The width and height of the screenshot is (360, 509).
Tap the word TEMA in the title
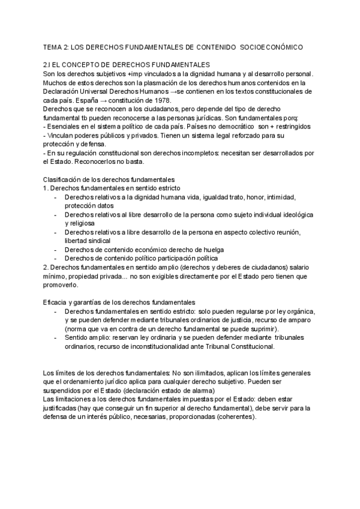pos(53,46)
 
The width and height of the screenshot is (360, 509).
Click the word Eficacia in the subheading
pos(58,303)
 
